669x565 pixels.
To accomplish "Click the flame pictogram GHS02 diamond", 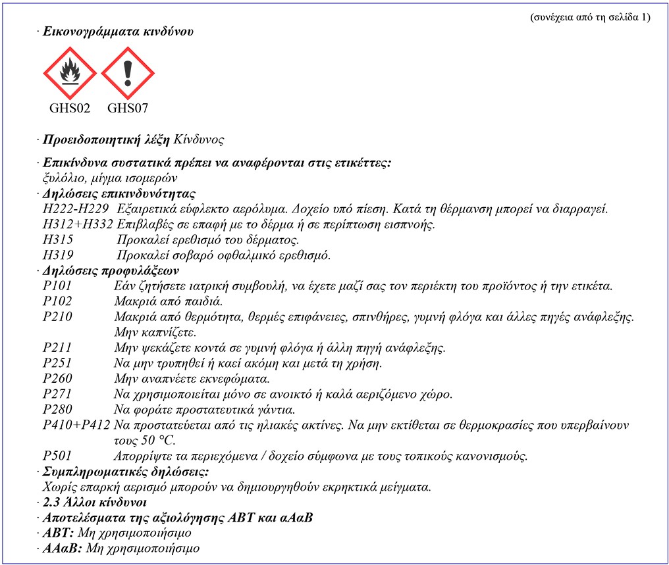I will (x=69, y=74).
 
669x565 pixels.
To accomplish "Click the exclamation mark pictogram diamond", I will (x=127, y=74).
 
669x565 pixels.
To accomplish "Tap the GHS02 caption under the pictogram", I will (x=69, y=108).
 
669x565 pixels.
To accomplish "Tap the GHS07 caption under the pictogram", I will (x=127, y=108).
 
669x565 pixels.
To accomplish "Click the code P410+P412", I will (x=76, y=426).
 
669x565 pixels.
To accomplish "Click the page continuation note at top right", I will (x=589, y=17).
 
